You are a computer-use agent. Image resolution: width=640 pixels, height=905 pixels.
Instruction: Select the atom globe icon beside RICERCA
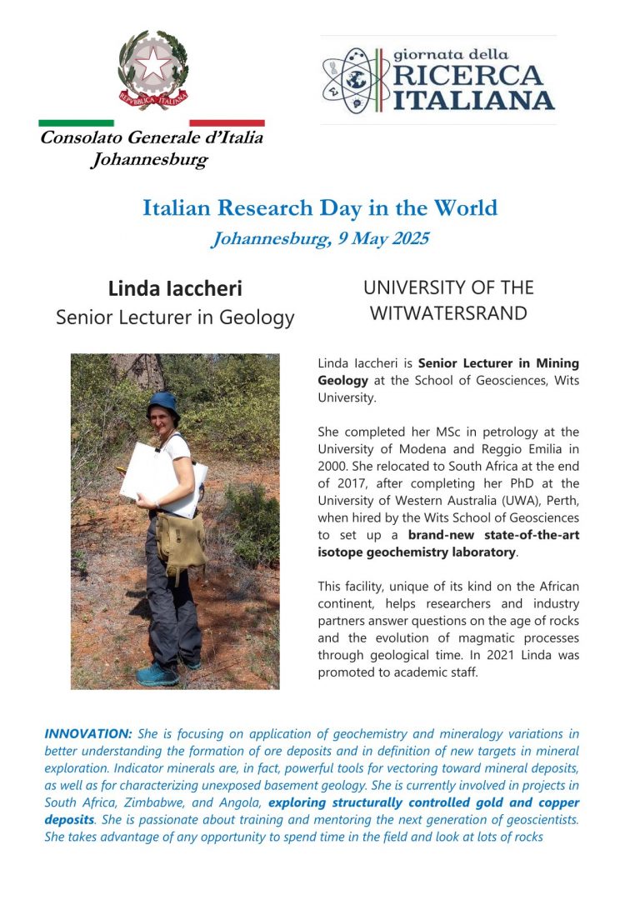(349, 80)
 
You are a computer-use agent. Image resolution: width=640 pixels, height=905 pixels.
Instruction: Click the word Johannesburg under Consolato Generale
(149, 160)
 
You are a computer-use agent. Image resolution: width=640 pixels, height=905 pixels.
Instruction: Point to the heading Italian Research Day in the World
(320, 207)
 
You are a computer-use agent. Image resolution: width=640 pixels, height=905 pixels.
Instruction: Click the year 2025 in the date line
(407, 239)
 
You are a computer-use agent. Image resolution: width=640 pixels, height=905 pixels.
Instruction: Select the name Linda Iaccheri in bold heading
(175, 288)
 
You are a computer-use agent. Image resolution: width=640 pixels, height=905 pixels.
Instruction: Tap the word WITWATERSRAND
(448, 313)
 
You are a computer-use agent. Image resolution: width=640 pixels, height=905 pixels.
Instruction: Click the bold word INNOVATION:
(88, 734)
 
